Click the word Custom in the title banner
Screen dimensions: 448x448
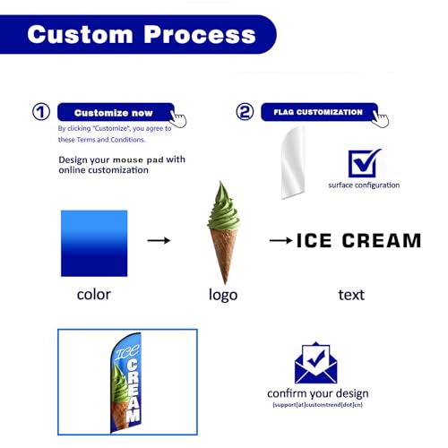click(x=80, y=35)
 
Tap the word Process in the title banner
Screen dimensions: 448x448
click(x=200, y=35)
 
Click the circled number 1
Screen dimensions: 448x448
click(x=41, y=112)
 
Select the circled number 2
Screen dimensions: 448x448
click(x=245, y=112)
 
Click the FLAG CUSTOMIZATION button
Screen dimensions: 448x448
click(x=319, y=112)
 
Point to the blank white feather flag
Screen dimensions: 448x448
click(x=293, y=163)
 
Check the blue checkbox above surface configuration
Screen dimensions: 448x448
click(x=364, y=163)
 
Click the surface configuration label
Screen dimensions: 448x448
click(x=364, y=185)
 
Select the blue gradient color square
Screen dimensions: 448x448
click(x=94, y=244)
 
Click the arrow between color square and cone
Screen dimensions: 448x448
click(x=159, y=240)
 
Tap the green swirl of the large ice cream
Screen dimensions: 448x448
click(x=223, y=208)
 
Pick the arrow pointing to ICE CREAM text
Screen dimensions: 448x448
click(x=280, y=240)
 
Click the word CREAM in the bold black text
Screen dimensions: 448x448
click(x=382, y=241)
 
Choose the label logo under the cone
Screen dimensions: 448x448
click(x=223, y=295)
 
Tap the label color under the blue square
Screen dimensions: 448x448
click(x=94, y=295)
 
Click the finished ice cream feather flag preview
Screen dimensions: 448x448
click(x=126, y=383)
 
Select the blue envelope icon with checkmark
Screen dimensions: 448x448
click(x=315, y=363)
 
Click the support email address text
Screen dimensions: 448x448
click(x=317, y=405)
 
